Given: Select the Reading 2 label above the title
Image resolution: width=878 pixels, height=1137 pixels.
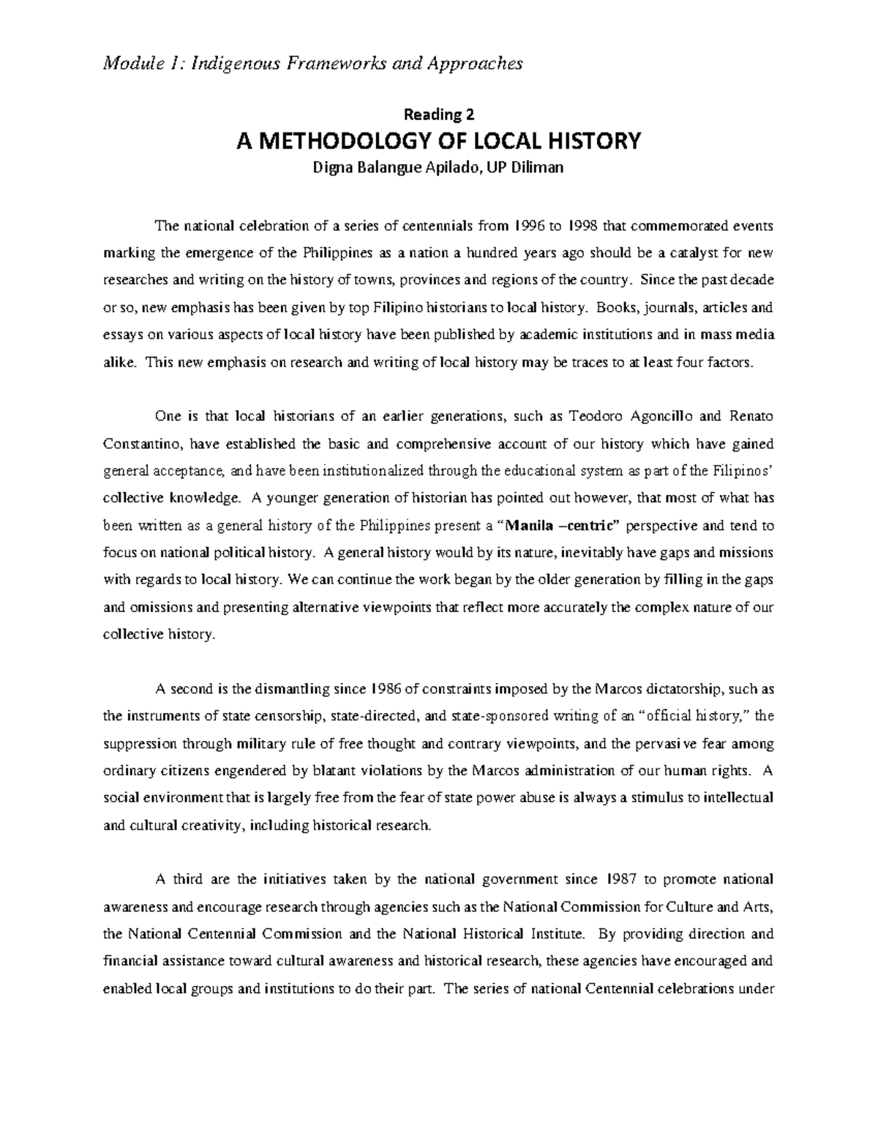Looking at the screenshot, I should point(439,114).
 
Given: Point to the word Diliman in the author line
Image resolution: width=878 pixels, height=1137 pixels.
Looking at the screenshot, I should point(538,168).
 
